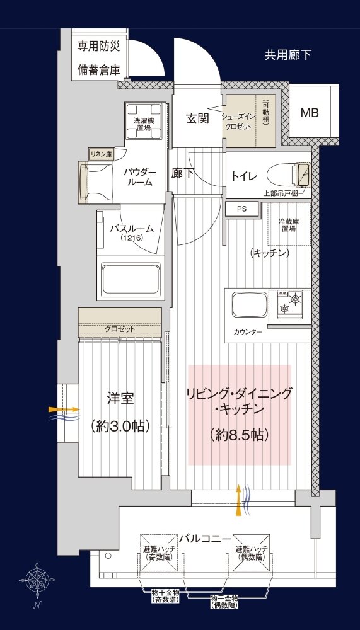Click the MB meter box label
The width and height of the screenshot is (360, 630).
(x=310, y=113)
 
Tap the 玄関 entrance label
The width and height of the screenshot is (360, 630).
(x=197, y=118)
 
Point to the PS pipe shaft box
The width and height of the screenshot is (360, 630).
(x=242, y=209)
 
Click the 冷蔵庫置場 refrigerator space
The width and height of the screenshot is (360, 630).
(x=289, y=225)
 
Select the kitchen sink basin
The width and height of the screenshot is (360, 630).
(x=249, y=305)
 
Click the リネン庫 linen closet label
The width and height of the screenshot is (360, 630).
(x=101, y=154)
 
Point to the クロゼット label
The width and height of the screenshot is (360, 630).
(x=119, y=329)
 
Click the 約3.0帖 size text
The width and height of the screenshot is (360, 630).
(x=120, y=426)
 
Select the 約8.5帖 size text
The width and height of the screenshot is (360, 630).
(x=239, y=435)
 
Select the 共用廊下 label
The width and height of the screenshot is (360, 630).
(x=288, y=55)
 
